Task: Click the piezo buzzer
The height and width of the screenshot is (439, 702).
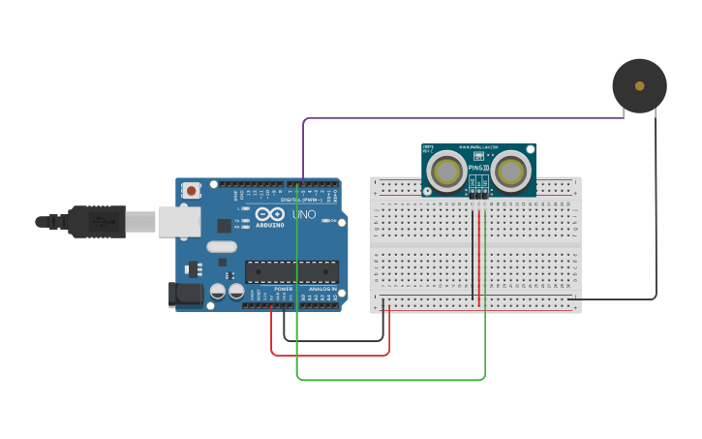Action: coord(639,86)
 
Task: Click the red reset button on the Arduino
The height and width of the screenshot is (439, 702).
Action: coord(192,191)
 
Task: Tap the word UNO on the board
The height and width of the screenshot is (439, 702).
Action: coord(304,214)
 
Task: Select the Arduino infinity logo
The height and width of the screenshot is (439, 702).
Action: coord(271,214)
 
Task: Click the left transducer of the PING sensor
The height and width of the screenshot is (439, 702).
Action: coord(447,172)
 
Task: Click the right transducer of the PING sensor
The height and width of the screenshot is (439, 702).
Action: coord(510,172)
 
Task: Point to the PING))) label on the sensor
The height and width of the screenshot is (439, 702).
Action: coord(478,169)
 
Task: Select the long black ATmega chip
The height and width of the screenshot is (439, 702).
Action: coord(291,273)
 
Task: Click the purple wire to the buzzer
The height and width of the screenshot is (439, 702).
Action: coord(465,119)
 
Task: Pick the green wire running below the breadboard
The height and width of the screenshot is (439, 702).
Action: coord(387,380)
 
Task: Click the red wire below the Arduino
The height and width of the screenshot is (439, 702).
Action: coord(329,355)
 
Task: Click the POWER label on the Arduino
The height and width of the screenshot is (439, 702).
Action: coord(283,290)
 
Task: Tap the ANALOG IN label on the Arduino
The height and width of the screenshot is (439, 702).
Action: coord(322,290)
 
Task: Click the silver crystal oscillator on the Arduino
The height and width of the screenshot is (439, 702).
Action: coord(221,247)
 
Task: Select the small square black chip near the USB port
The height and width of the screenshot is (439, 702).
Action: coord(224,226)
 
